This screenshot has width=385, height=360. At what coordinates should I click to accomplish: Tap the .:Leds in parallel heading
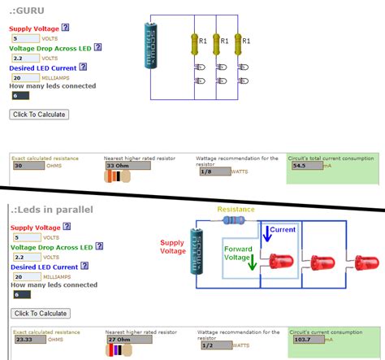[x=53, y=210]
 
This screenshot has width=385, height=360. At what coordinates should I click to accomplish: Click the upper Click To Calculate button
[x=39, y=115]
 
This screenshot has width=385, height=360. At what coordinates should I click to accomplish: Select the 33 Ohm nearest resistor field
[x=128, y=165]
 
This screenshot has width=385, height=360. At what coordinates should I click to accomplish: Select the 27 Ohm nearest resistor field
[x=128, y=340]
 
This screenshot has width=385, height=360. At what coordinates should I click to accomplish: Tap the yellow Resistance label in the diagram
[x=236, y=209]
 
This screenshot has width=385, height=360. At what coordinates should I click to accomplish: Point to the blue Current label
[x=283, y=230]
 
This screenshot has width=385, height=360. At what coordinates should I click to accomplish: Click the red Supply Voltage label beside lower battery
[x=172, y=247]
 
